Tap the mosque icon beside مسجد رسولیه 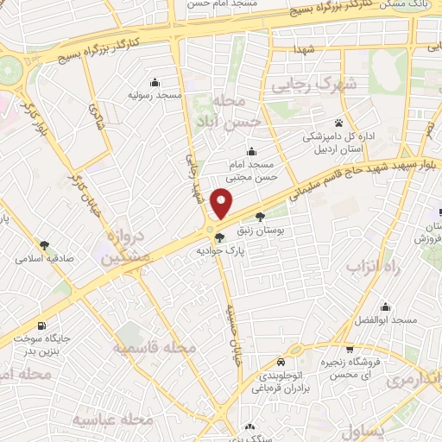click(155, 83)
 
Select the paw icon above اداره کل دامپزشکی click(338, 123)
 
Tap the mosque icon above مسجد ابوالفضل click(385, 307)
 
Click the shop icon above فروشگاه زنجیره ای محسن click(349, 350)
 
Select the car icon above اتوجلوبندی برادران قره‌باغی click(281, 363)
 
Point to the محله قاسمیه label click(155, 347)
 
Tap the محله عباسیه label click(112, 419)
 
